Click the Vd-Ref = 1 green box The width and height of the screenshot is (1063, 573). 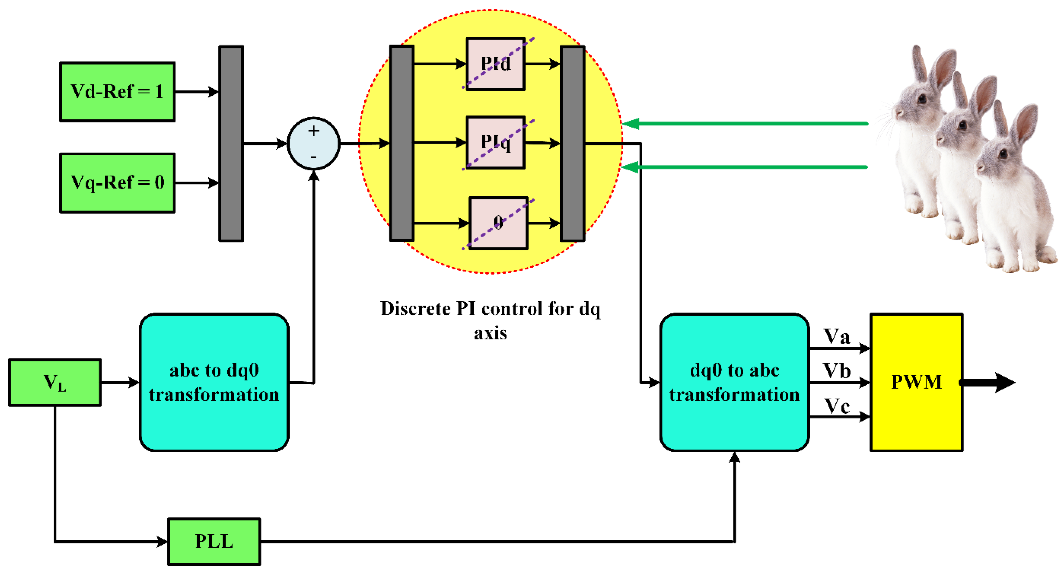pyautogui.click(x=117, y=92)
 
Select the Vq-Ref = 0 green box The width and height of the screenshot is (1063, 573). pyautogui.click(x=117, y=183)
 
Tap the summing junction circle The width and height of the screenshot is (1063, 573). pyautogui.click(x=314, y=144)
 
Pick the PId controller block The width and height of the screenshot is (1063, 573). pyautogui.click(x=496, y=64)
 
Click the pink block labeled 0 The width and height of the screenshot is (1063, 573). pyautogui.click(x=498, y=223)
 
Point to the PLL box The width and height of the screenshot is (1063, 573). pyautogui.click(x=214, y=541)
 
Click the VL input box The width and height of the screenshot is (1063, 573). pyautogui.click(x=55, y=382)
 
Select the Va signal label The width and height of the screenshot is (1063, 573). pyautogui.click(x=836, y=336)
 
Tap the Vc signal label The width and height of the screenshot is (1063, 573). pyautogui.click(x=836, y=406)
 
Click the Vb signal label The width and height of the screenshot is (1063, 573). pyautogui.click(x=836, y=371)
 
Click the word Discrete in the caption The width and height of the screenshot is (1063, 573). pyautogui.click(x=415, y=308)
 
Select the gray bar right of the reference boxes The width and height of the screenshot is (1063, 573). pyautogui.click(x=231, y=144)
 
